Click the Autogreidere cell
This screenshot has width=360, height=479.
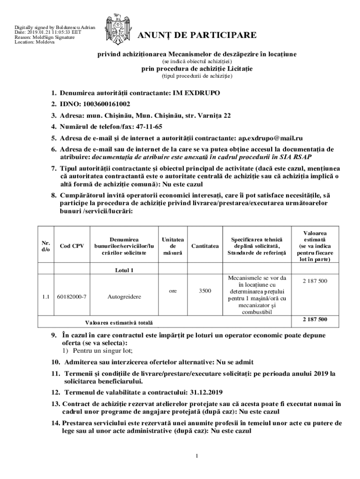tap(124, 297)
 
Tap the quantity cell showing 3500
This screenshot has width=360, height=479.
tap(205, 290)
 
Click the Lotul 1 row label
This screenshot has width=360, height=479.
tap(124, 270)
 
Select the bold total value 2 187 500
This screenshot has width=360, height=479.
tap(315, 319)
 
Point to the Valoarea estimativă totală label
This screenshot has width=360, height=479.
tap(118, 323)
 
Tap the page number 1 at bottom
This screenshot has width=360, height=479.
tap(197, 456)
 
